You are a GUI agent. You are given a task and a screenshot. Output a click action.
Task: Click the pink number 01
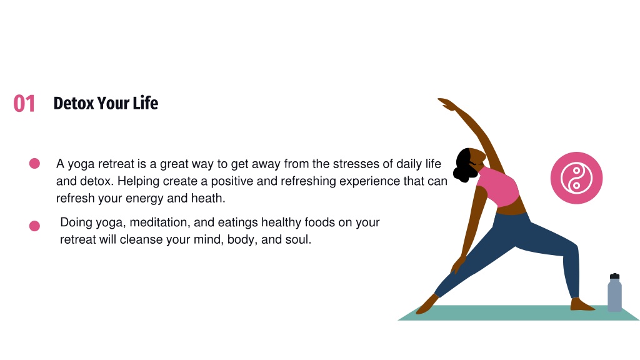(x=24, y=103)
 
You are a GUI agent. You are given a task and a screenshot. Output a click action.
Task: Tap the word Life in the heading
(x=145, y=103)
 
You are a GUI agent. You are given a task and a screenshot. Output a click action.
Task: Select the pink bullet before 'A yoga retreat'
(x=34, y=164)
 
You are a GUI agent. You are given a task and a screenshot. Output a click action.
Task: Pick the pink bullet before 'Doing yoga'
(x=34, y=226)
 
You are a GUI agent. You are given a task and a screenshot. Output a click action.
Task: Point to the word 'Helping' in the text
(x=139, y=181)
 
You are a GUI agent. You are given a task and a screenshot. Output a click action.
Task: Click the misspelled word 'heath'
(x=208, y=199)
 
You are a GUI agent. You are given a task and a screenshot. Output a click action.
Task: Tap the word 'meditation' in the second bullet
(x=157, y=222)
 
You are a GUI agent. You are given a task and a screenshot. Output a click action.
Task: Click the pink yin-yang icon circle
(x=576, y=178)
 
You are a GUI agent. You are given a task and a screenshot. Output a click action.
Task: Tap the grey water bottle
(x=614, y=295)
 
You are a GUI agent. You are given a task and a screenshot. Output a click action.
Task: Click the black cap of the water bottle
(x=614, y=276)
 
